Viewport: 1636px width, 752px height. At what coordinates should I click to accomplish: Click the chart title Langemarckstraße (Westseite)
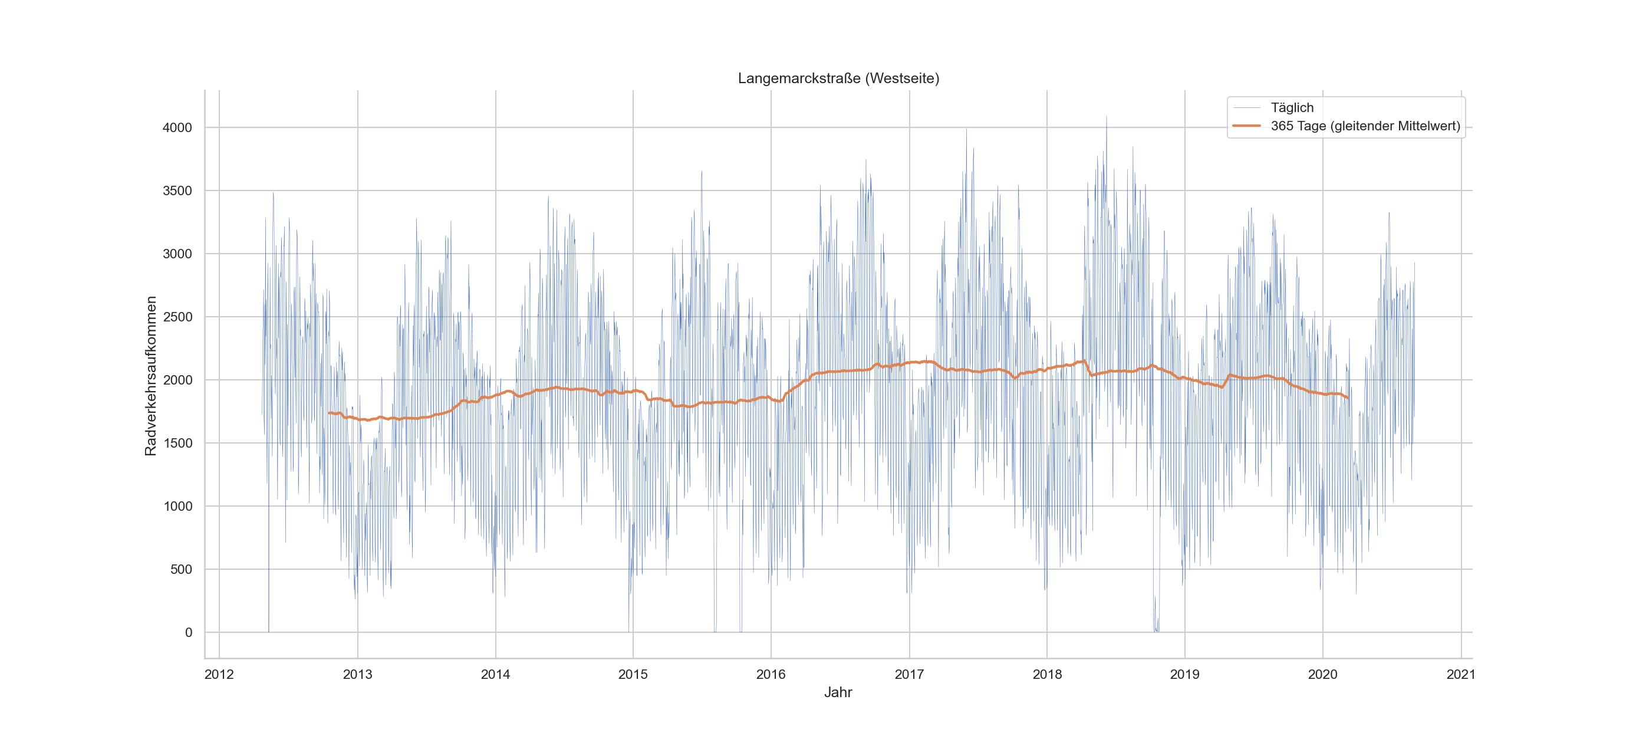(x=838, y=78)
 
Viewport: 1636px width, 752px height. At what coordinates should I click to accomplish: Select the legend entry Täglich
(x=1291, y=107)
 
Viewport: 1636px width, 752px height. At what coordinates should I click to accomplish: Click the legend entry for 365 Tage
(x=1365, y=126)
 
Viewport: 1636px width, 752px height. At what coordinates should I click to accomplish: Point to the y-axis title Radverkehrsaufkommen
(x=150, y=376)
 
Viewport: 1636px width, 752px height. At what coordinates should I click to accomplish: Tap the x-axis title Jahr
(x=838, y=692)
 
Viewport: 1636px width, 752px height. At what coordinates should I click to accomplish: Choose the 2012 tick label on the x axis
(x=219, y=675)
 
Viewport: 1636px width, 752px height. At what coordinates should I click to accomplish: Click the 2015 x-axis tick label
(x=633, y=675)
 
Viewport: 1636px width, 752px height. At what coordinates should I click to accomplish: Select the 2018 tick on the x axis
(x=1046, y=675)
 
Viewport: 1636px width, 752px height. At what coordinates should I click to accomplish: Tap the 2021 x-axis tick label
(x=1461, y=675)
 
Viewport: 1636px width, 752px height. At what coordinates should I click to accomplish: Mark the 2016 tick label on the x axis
(x=771, y=675)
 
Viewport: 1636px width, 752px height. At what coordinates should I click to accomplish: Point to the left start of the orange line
(x=329, y=413)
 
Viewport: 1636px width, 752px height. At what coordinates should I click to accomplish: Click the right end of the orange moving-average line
(x=1348, y=398)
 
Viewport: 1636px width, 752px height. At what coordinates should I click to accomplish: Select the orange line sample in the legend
(x=1246, y=126)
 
